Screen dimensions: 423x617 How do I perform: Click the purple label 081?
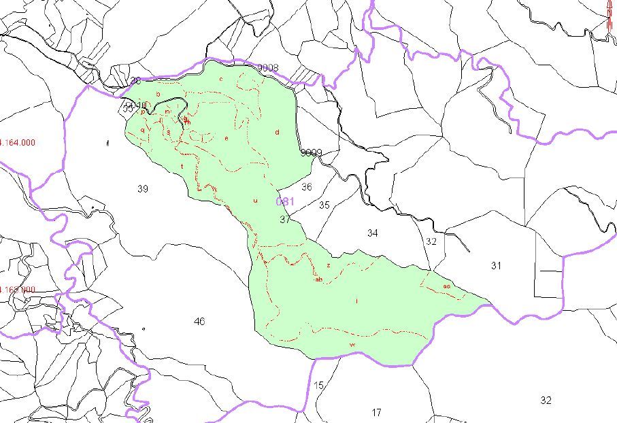[x=284, y=202]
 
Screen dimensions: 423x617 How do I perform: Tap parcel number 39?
[x=142, y=189]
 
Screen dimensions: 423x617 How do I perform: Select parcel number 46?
[x=199, y=322]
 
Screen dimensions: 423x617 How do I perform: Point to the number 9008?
[x=267, y=68]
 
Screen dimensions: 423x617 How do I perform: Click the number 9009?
[x=311, y=153]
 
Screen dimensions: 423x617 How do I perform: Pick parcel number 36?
[x=307, y=187]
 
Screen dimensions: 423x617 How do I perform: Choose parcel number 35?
[x=324, y=205]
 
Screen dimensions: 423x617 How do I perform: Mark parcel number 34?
[x=372, y=233]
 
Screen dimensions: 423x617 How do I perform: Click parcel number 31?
[x=496, y=266]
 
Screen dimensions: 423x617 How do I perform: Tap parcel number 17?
[x=377, y=412]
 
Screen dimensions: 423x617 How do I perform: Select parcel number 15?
[x=318, y=386]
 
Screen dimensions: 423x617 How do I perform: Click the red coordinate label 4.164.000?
[x=17, y=143]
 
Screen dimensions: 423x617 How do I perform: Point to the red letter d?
[x=278, y=132]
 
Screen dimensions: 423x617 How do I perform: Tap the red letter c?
[x=221, y=79]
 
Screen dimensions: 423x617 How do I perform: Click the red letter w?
[x=352, y=345]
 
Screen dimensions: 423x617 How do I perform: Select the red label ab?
[x=318, y=279]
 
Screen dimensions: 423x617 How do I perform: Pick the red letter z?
[x=328, y=265]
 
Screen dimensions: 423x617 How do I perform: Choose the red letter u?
[x=255, y=201]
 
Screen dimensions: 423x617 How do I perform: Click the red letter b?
[x=158, y=94]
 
